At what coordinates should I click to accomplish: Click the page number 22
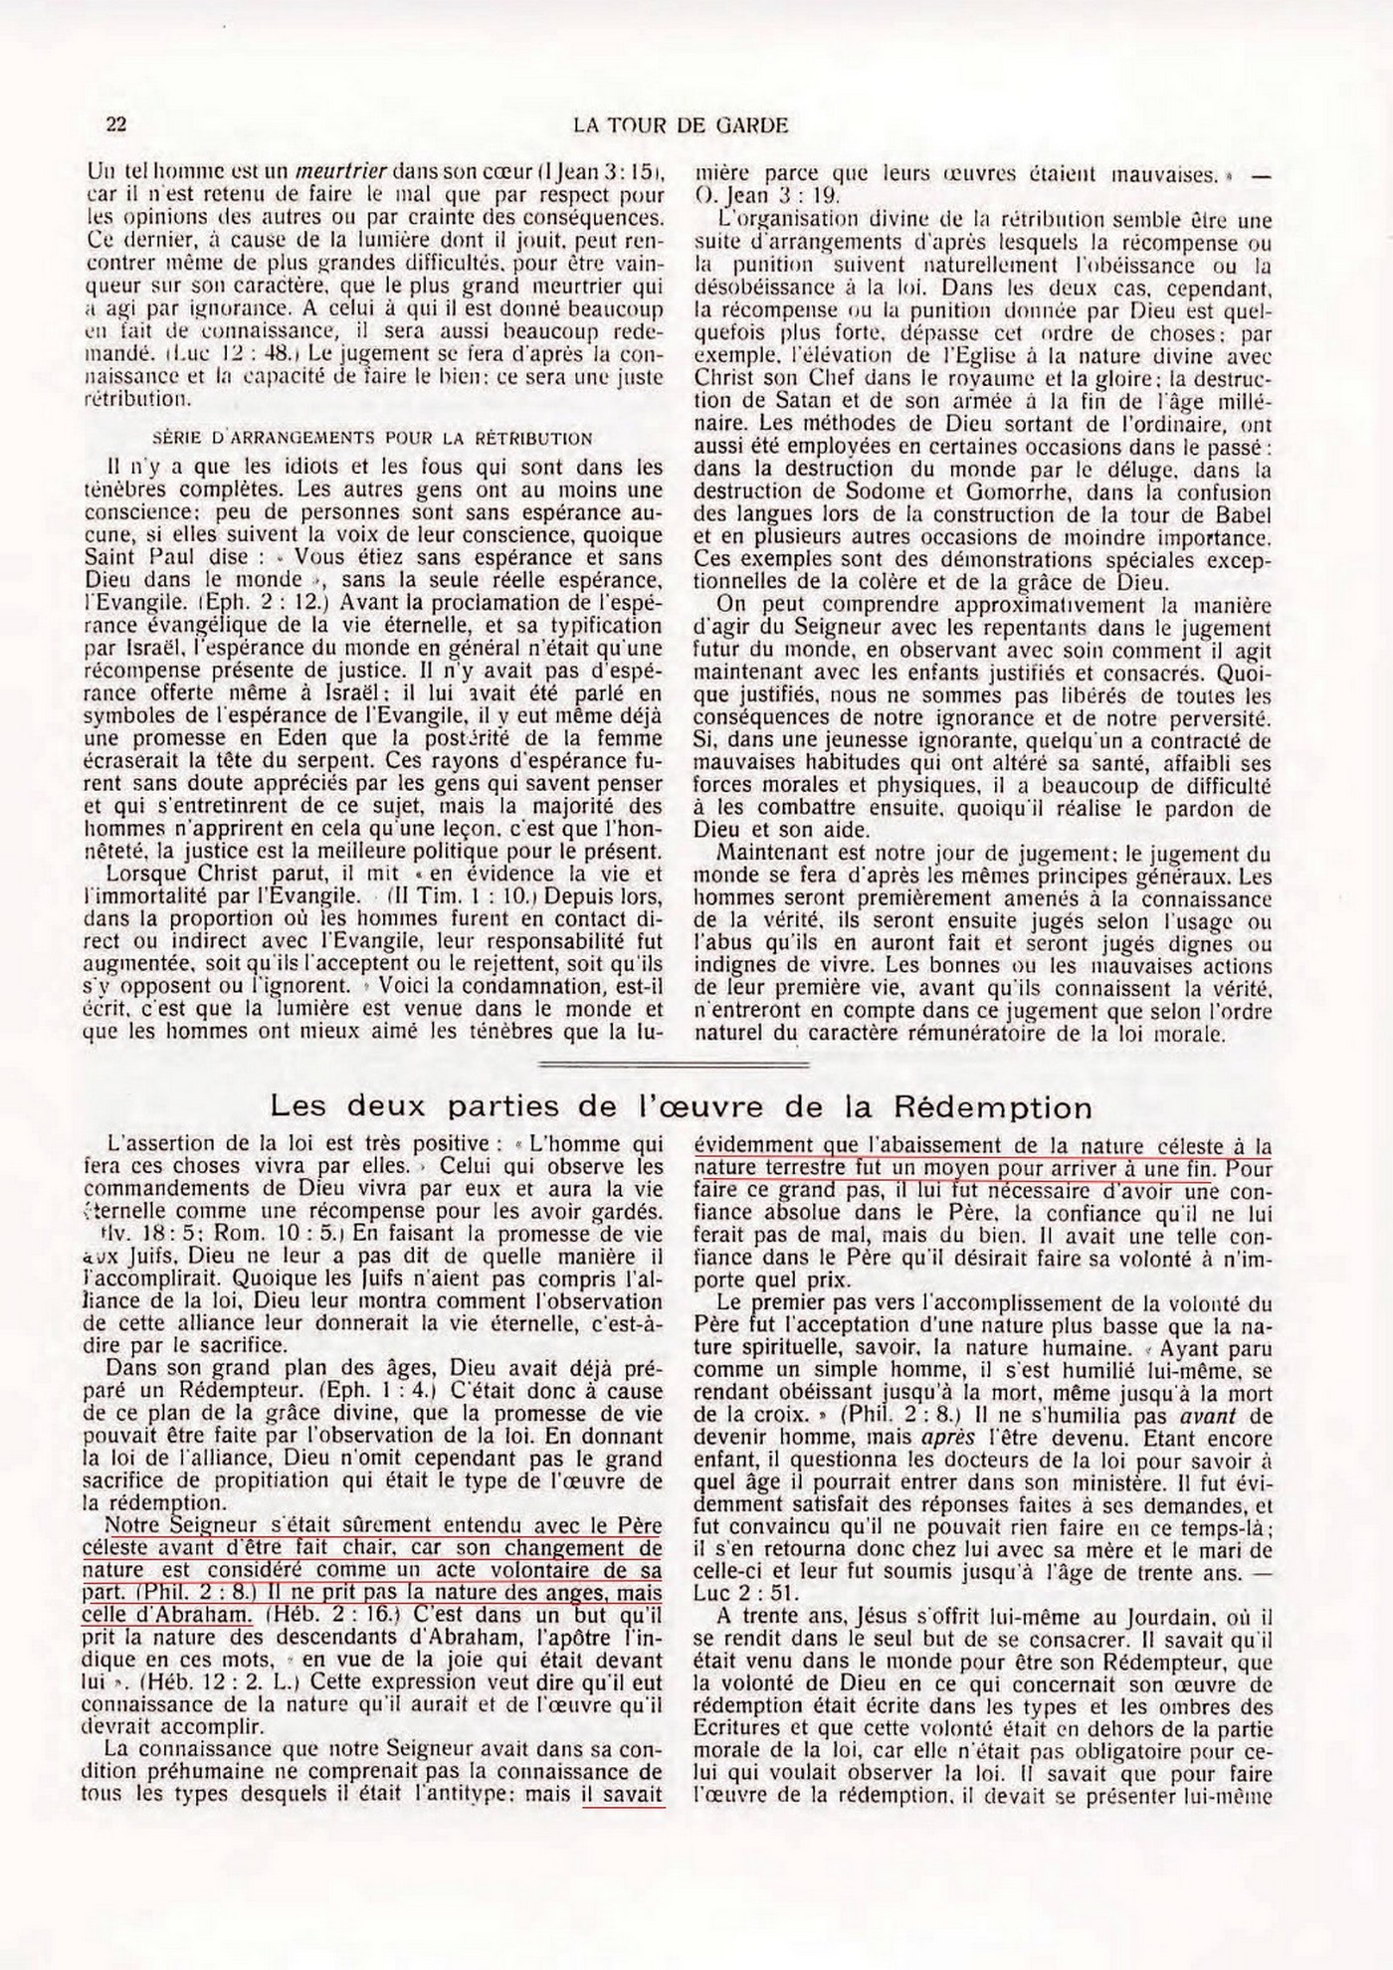115,124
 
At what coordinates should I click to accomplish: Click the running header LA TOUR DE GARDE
682,125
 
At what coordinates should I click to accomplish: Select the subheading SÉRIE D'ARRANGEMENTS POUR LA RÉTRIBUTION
373,438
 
